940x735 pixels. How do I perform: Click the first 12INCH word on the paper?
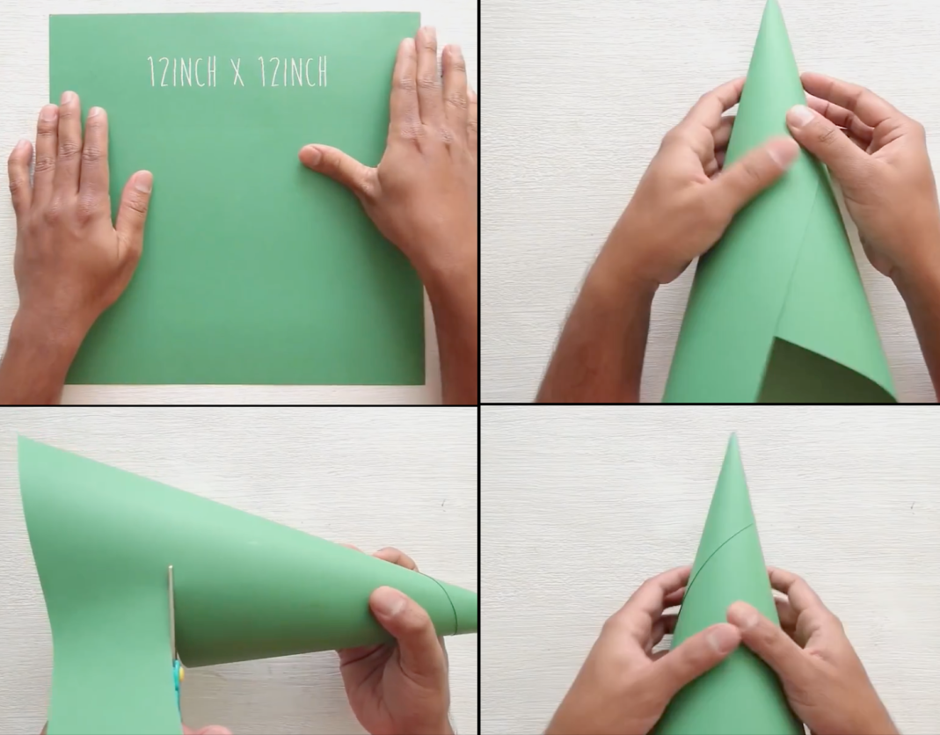[182, 71]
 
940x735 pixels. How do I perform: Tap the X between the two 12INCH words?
[238, 73]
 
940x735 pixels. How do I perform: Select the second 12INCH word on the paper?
[293, 71]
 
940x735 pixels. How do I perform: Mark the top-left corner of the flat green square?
[50, 16]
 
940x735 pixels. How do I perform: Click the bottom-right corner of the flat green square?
[424, 383]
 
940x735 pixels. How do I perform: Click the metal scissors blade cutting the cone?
[171, 612]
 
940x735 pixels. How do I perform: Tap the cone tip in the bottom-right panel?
[732, 436]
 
